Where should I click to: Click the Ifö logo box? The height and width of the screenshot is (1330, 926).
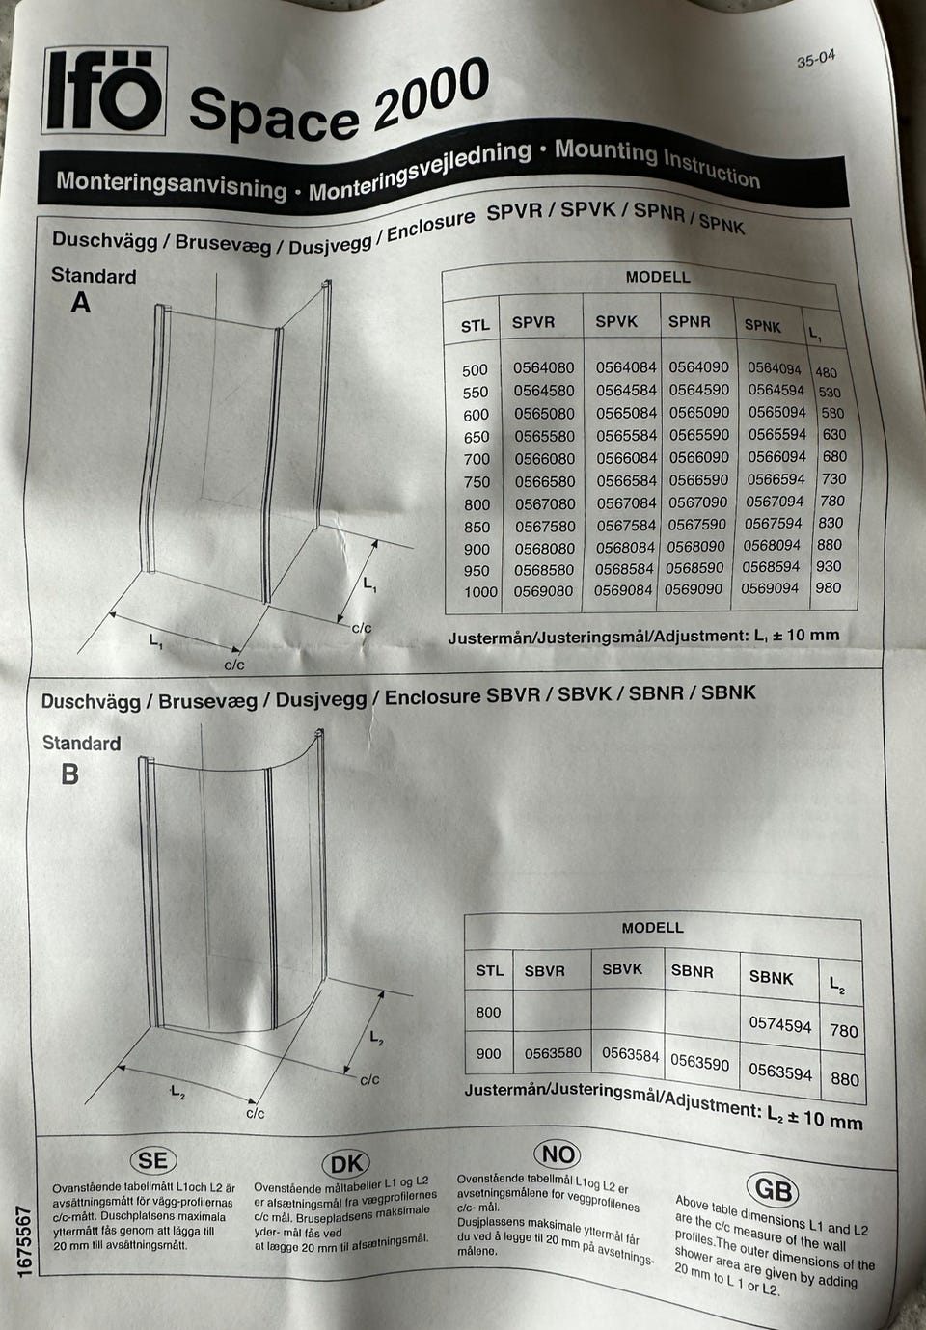click(104, 91)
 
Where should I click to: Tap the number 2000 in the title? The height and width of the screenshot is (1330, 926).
click(432, 93)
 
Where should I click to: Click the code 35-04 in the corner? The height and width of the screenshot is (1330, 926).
click(816, 59)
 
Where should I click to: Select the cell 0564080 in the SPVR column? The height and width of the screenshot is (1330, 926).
click(544, 368)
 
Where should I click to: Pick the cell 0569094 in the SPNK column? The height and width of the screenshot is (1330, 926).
click(769, 587)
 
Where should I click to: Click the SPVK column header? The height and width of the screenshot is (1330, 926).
click(616, 322)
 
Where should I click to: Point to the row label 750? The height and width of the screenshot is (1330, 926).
click(477, 481)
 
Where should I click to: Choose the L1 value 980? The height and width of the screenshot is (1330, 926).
click(828, 587)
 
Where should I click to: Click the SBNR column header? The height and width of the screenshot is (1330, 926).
click(692, 971)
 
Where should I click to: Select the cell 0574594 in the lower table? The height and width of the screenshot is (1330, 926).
click(780, 1023)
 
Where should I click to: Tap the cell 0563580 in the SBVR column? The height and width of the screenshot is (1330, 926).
click(553, 1053)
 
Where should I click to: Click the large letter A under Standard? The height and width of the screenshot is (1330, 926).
click(81, 303)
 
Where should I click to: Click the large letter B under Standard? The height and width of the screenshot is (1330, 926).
click(70, 774)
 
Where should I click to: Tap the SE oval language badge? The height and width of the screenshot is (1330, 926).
click(153, 1160)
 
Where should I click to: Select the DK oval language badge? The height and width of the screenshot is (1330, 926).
click(346, 1164)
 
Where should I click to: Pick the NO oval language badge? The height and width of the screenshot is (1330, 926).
click(558, 1154)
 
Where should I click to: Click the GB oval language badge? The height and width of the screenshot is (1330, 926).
click(774, 1189)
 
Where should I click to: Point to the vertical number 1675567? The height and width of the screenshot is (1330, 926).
click(25, 1240)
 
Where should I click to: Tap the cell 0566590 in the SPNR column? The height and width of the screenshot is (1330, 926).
click(698, 479)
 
